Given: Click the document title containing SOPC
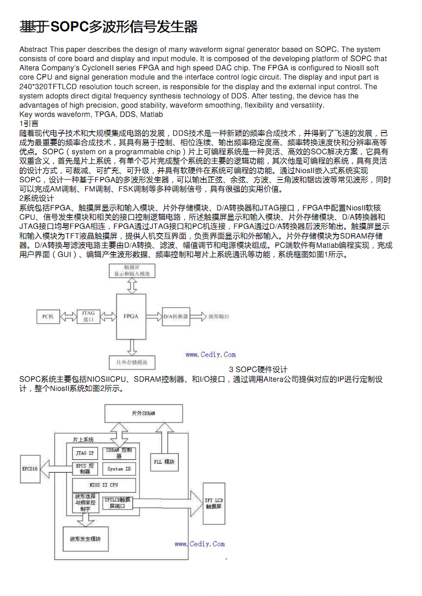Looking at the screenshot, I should (108, 27).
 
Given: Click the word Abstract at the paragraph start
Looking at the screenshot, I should (33, 49).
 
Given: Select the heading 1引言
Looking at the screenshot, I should (29, 123).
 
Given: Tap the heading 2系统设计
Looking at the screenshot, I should (36, 198).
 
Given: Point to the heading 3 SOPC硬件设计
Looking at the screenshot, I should (258, 369).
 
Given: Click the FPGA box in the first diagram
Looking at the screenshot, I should (131, 317).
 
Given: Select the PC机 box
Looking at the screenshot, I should (48, 317).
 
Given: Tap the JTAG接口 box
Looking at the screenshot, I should (88, 316).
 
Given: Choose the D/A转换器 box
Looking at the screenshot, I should (176, 317).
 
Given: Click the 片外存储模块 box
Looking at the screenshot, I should (132, 362).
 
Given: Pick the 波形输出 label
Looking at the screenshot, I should (219, 317).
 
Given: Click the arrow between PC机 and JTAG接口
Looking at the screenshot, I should (68, 317).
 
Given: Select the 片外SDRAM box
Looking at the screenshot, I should (143, 413).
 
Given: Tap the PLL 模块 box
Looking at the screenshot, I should (164, 462).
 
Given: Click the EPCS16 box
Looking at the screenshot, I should (30, 469).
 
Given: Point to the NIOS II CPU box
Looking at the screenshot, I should (104, 485).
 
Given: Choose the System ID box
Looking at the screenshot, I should (119, 469).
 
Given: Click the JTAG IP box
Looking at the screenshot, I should (85, 453).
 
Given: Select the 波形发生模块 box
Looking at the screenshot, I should (85, 539).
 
